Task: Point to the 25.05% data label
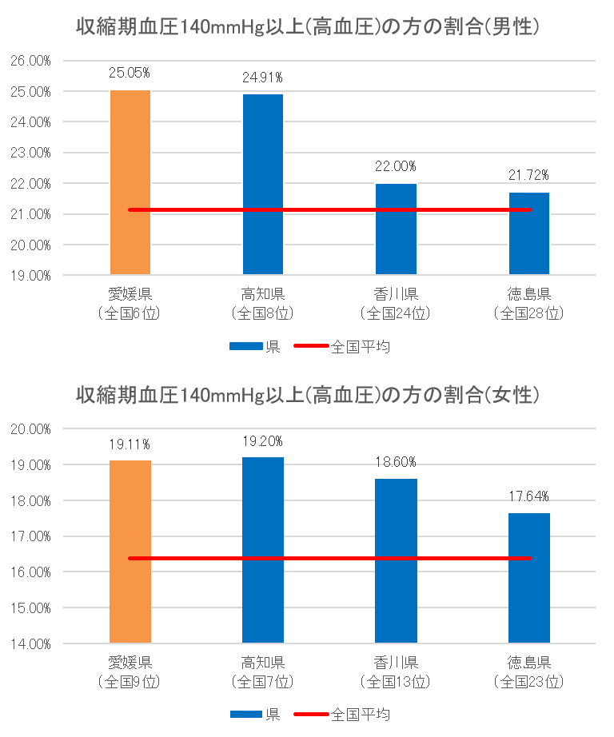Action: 130,73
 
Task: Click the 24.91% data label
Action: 262,78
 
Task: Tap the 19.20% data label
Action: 262,441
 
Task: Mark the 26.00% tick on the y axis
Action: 30,61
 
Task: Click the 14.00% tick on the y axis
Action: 30,643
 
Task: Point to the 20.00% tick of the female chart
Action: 30,429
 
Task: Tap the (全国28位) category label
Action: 529,313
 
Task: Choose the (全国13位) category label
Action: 396,682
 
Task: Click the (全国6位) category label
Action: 130,313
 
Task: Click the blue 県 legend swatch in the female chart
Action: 246,714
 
